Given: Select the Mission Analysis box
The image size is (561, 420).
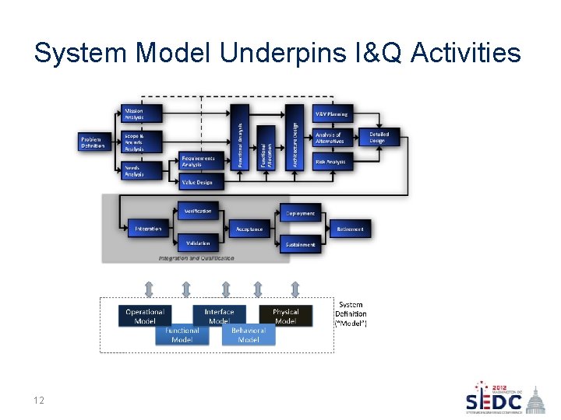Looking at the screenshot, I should tap(141, 114).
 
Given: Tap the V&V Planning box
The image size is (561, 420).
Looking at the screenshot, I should tap(333, 114).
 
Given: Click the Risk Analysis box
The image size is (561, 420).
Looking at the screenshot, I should tap(333, 161).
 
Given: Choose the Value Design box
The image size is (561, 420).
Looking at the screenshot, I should tap(200, 182).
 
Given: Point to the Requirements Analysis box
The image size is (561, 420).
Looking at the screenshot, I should tap(200, 161).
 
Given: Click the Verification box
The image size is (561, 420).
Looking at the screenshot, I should tap(198, 212).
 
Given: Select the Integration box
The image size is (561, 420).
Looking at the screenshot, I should tap(148, 229).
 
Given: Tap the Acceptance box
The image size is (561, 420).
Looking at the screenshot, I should tap(250, 229).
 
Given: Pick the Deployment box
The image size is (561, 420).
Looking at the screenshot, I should tap(300, 213).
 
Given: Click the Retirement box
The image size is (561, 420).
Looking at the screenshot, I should tap(350, 229).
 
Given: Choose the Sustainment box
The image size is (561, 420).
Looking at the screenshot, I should tap(300, 244).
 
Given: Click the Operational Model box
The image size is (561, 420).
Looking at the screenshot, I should tap(146, 316).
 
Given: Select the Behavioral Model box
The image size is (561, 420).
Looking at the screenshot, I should tap(249, 334).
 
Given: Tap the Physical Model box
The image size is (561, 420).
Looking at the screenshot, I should tap(285, 316).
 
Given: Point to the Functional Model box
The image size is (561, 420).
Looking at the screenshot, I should tap(182, 334).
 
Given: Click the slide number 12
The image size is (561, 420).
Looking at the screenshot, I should tap(38, 401).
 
